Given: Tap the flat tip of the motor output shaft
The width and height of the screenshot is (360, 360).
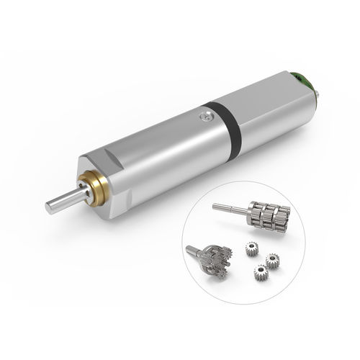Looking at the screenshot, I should (x=49, y=208).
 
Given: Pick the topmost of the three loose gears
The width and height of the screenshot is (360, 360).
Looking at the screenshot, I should (x=251, y=248).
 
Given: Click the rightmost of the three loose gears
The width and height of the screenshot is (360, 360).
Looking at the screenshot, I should (x=272, y=260).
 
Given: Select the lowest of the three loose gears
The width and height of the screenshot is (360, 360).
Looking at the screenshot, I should (x=260, y=273).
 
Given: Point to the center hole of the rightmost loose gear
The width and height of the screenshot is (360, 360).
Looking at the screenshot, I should (x=272, y=260).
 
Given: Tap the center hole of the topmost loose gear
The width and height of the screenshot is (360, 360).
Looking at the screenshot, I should (x=251, y=248).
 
